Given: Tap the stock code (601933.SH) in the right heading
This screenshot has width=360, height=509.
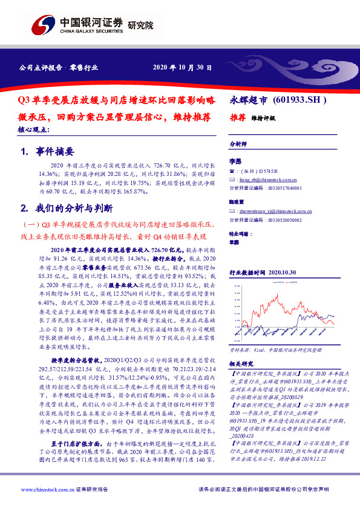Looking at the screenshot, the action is [x=300, y=99].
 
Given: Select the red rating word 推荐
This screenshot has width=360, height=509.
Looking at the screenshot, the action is [x=237, y=117].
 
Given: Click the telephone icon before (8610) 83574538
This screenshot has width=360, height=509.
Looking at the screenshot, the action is [x=232, y=171].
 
